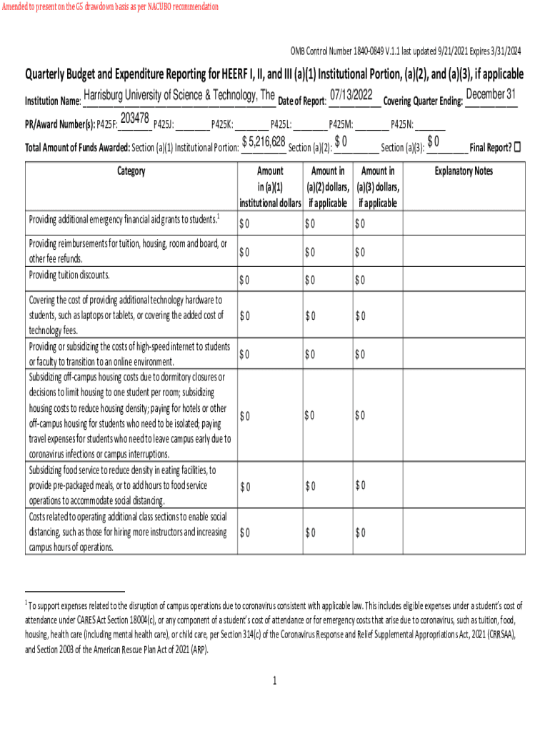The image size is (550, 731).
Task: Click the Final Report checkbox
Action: pos(518,147)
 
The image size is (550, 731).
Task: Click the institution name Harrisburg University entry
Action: pos(179,96)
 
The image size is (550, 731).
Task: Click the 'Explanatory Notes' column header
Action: pos(464,171)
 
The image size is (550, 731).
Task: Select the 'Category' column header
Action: pos(131,171)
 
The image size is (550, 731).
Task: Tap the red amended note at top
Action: pos(110,7)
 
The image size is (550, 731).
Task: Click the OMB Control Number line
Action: pos(405,51)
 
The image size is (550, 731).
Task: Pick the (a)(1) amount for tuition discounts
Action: pos(244,279)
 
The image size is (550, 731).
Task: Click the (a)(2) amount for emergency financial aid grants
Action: pos(309,224)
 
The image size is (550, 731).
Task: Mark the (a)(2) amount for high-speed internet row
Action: pos(309,353)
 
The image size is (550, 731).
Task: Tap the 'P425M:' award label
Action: pos(341,123)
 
